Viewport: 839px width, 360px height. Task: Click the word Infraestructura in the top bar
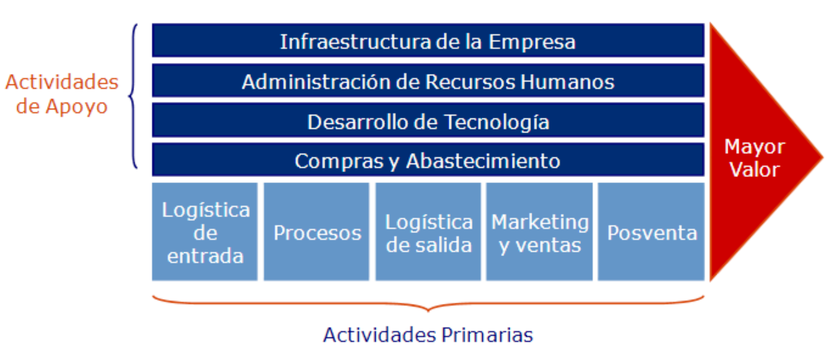click(x=355, y=42)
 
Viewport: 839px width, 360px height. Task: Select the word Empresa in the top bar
click(x=532, y=42)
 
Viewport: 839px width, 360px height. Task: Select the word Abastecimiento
click(x=483, y=161)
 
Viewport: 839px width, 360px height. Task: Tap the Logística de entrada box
click(x=205, y=232)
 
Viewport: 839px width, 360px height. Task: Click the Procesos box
click(x=316, y=232)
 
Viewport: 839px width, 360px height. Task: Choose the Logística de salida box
click(x=428, y=232)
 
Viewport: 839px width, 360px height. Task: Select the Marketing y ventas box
click(x=539, y=232)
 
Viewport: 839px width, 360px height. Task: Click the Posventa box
click(x=651, y=232)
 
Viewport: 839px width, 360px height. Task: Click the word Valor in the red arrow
click(x=754, y=170)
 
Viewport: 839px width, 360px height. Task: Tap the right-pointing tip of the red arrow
click(x=823, y=157)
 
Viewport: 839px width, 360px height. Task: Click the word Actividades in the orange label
click(x=62, y=82)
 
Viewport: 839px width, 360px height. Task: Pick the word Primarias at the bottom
click(x=487, y=335)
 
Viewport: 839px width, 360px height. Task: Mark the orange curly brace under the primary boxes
click(x=428, y=309)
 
